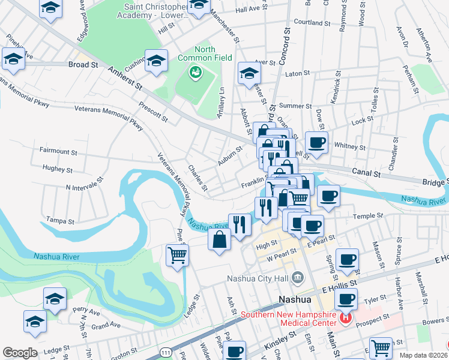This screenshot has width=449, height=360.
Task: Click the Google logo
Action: click(20, 353)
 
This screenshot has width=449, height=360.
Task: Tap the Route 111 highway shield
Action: click(165, 353)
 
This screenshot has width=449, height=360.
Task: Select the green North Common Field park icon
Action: click(195, 73)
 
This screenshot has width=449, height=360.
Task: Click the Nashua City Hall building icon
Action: click(297, 278)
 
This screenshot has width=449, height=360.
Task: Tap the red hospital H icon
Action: click(345, 319)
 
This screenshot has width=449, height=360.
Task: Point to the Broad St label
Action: click(83, 64)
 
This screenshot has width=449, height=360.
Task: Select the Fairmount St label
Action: click(58, 152)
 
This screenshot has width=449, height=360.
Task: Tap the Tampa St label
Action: click(60, 221)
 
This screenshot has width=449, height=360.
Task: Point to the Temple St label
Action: click(368, 215)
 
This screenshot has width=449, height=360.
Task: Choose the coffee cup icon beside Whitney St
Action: click(316, 143)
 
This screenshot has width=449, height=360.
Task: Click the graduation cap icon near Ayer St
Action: click(249, 73)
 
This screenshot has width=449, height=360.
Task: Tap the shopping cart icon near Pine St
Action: click(177, 255)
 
